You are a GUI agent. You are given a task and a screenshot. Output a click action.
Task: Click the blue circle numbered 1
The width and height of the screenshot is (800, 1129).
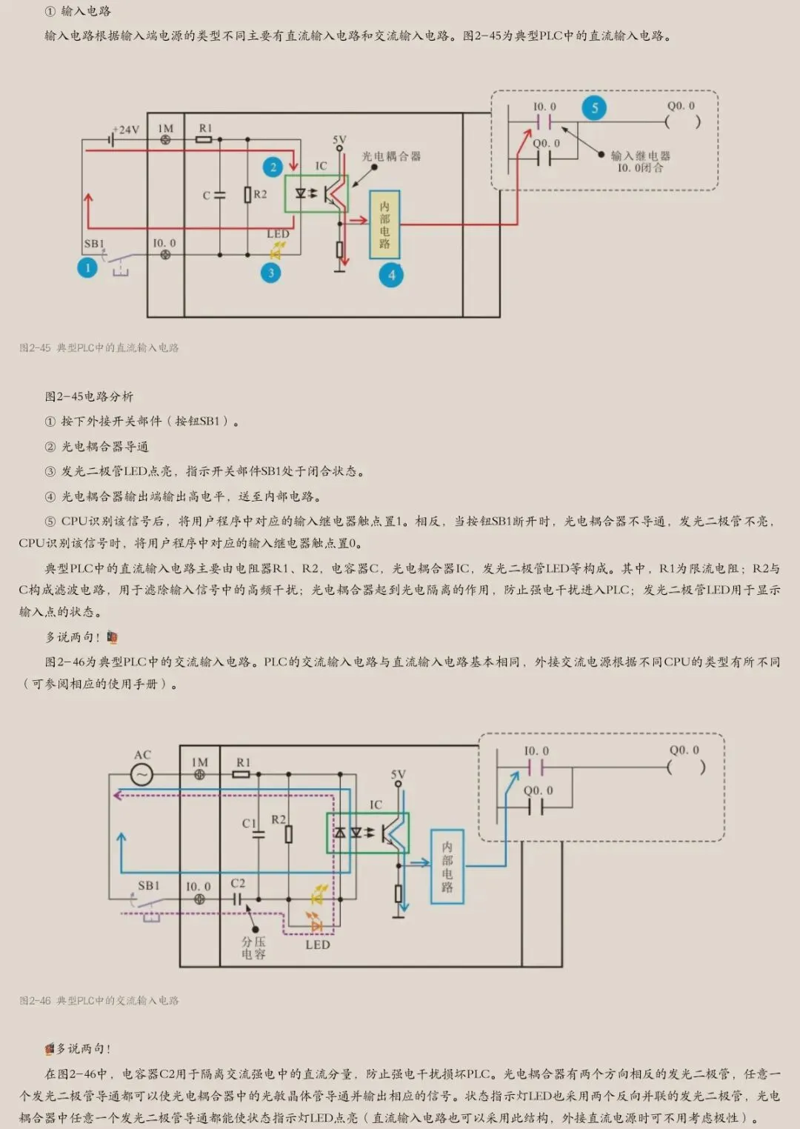point(87,267)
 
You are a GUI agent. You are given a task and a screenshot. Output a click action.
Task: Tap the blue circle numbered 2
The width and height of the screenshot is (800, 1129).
point(273,167)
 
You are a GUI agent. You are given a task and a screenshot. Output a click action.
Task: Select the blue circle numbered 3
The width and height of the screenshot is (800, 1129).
point(271,273)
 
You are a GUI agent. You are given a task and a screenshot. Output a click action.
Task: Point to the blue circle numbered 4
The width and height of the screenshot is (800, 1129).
point(391,276)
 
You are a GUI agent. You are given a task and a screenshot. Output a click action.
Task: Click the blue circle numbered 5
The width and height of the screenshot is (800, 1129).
point(594,108)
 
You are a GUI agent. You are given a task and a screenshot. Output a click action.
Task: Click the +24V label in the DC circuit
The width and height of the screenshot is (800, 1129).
point(126,130)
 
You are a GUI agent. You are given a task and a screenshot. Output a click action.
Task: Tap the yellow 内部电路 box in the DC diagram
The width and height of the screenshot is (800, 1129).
point(384,224)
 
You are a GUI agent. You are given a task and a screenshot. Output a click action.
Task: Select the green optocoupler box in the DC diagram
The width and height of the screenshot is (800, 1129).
point(316,193)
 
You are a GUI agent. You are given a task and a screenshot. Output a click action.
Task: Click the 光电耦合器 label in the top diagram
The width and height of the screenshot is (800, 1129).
point(391,156)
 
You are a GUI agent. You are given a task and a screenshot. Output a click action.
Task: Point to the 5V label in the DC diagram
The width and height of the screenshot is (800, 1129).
point(339,139)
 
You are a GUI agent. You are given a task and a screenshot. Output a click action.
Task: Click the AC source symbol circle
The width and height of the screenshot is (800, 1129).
point(141,775)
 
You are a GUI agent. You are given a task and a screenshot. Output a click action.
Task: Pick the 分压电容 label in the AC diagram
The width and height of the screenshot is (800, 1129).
point(253,948)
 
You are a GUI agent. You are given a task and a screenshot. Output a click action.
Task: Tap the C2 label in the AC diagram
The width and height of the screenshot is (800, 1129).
point(238,883)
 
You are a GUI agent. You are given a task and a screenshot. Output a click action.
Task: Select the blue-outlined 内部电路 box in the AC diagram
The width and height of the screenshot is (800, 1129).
point(447,866)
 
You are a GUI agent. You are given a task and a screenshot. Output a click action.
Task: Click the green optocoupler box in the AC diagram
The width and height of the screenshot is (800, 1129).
point(367,833)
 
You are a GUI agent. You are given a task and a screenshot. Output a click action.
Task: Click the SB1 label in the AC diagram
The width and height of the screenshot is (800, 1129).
point(149,885)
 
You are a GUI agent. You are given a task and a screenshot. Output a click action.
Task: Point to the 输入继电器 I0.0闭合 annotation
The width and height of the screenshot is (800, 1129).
point(640,161)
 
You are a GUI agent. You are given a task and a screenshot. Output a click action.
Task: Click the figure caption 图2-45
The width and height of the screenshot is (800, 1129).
point(99,347)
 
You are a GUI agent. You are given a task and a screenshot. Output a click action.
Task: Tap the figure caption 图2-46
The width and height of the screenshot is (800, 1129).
point(99,1000)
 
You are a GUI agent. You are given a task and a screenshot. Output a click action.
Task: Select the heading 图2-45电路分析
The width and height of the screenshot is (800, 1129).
point(89,396)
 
